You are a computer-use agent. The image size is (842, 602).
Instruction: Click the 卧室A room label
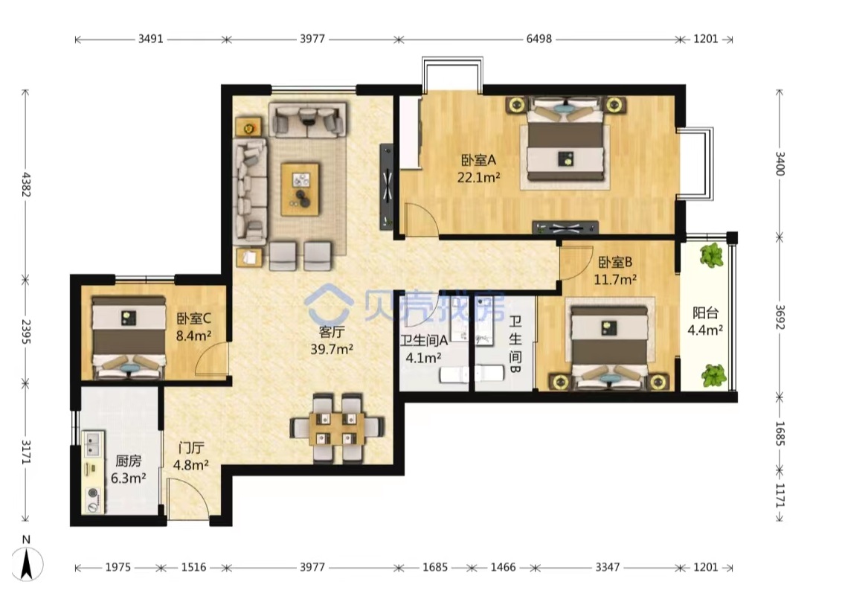point(478,160)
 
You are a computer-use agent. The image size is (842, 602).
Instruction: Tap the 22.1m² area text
point(478,176)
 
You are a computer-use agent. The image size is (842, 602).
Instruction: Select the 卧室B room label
point(615,262)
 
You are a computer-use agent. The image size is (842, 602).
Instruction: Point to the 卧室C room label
point(194,318)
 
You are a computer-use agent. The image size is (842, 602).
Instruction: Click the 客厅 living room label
point(331,332)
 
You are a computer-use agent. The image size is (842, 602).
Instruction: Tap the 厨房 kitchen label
point(129,461)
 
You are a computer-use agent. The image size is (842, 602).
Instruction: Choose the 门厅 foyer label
point(191,448)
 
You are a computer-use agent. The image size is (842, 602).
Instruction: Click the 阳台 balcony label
point(705,313)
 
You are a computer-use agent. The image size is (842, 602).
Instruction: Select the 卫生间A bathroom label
point(424,341)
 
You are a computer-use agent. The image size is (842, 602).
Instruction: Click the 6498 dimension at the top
point(539,39)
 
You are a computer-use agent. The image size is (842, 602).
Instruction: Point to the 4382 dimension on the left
point(26,185)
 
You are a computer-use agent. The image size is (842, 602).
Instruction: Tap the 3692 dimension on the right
point(780,318)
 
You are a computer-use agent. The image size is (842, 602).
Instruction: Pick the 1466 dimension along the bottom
point(503,567)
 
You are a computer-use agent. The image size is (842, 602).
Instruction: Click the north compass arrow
point(26,564)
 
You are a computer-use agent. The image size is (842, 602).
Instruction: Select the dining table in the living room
point(337,429)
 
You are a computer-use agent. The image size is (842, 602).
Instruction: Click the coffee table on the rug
point(300,190)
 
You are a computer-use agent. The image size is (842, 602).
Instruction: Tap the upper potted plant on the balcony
point(712,254)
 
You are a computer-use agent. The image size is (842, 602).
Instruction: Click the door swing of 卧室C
point(211,358)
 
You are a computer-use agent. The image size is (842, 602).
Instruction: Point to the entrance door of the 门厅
point(187,499)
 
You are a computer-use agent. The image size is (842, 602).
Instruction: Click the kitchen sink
point(92,444)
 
